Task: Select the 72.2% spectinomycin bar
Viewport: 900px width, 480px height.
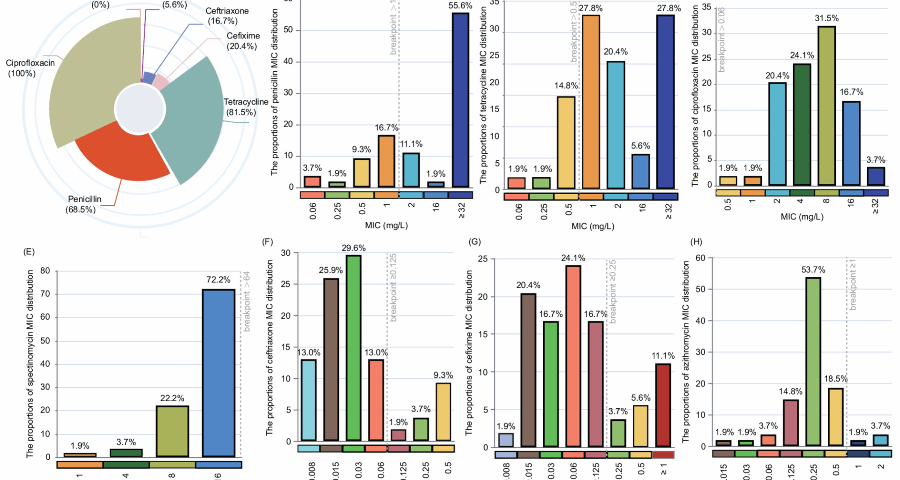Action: pyautogui.click(x=218, y=373)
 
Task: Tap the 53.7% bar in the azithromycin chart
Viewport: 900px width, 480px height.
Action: pyautogui.click(x=813, y=361)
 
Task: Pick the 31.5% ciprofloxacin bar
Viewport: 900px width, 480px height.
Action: pyautogui.click(x=826, y=105)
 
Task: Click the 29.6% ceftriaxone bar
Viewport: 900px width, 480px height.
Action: pyautogui.click(x=353, y=347)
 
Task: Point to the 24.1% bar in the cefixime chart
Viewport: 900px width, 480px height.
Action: pyautogui.click(x=573, y=356)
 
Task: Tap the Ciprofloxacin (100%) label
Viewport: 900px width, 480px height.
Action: pyautogui.click(x=30, y=68)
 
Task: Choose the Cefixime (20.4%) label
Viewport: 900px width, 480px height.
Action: pyautogui.click(x=243, y=41)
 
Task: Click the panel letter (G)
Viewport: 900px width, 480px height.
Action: pyautogui.click(x=474, y=241)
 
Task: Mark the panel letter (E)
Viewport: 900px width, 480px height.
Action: pyautogui.click(x=29, y=252)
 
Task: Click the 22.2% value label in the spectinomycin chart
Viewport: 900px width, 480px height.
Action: pyautogui.click(x=172, y=398)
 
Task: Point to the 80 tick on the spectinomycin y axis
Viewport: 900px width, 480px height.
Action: pyautogui.click(x=45, y=270)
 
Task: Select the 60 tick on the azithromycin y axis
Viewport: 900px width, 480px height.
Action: pyautogui.click(x=700, y=258)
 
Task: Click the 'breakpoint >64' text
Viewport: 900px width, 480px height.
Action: pyautogui.click(x=247, y=301)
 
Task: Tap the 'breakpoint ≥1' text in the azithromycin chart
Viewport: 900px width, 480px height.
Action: pyautogui.click(x=853, y=284)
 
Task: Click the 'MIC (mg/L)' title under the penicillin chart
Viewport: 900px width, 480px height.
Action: pyautogui.click(x=386, y=225)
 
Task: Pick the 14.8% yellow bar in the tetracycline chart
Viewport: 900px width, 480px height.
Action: pyautogui.click(x=566, y=142)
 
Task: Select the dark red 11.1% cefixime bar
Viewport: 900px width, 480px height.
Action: pyautogui.click(x=663, y=405)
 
